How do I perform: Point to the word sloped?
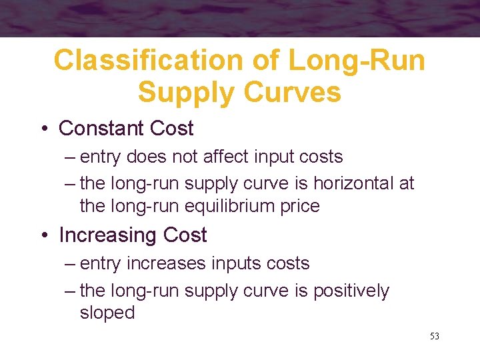[x=107, y=313]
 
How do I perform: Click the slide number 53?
[x=435, y=336]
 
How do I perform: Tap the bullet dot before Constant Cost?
[x=49, y=129]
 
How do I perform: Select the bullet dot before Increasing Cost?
[x=49, y=235]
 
